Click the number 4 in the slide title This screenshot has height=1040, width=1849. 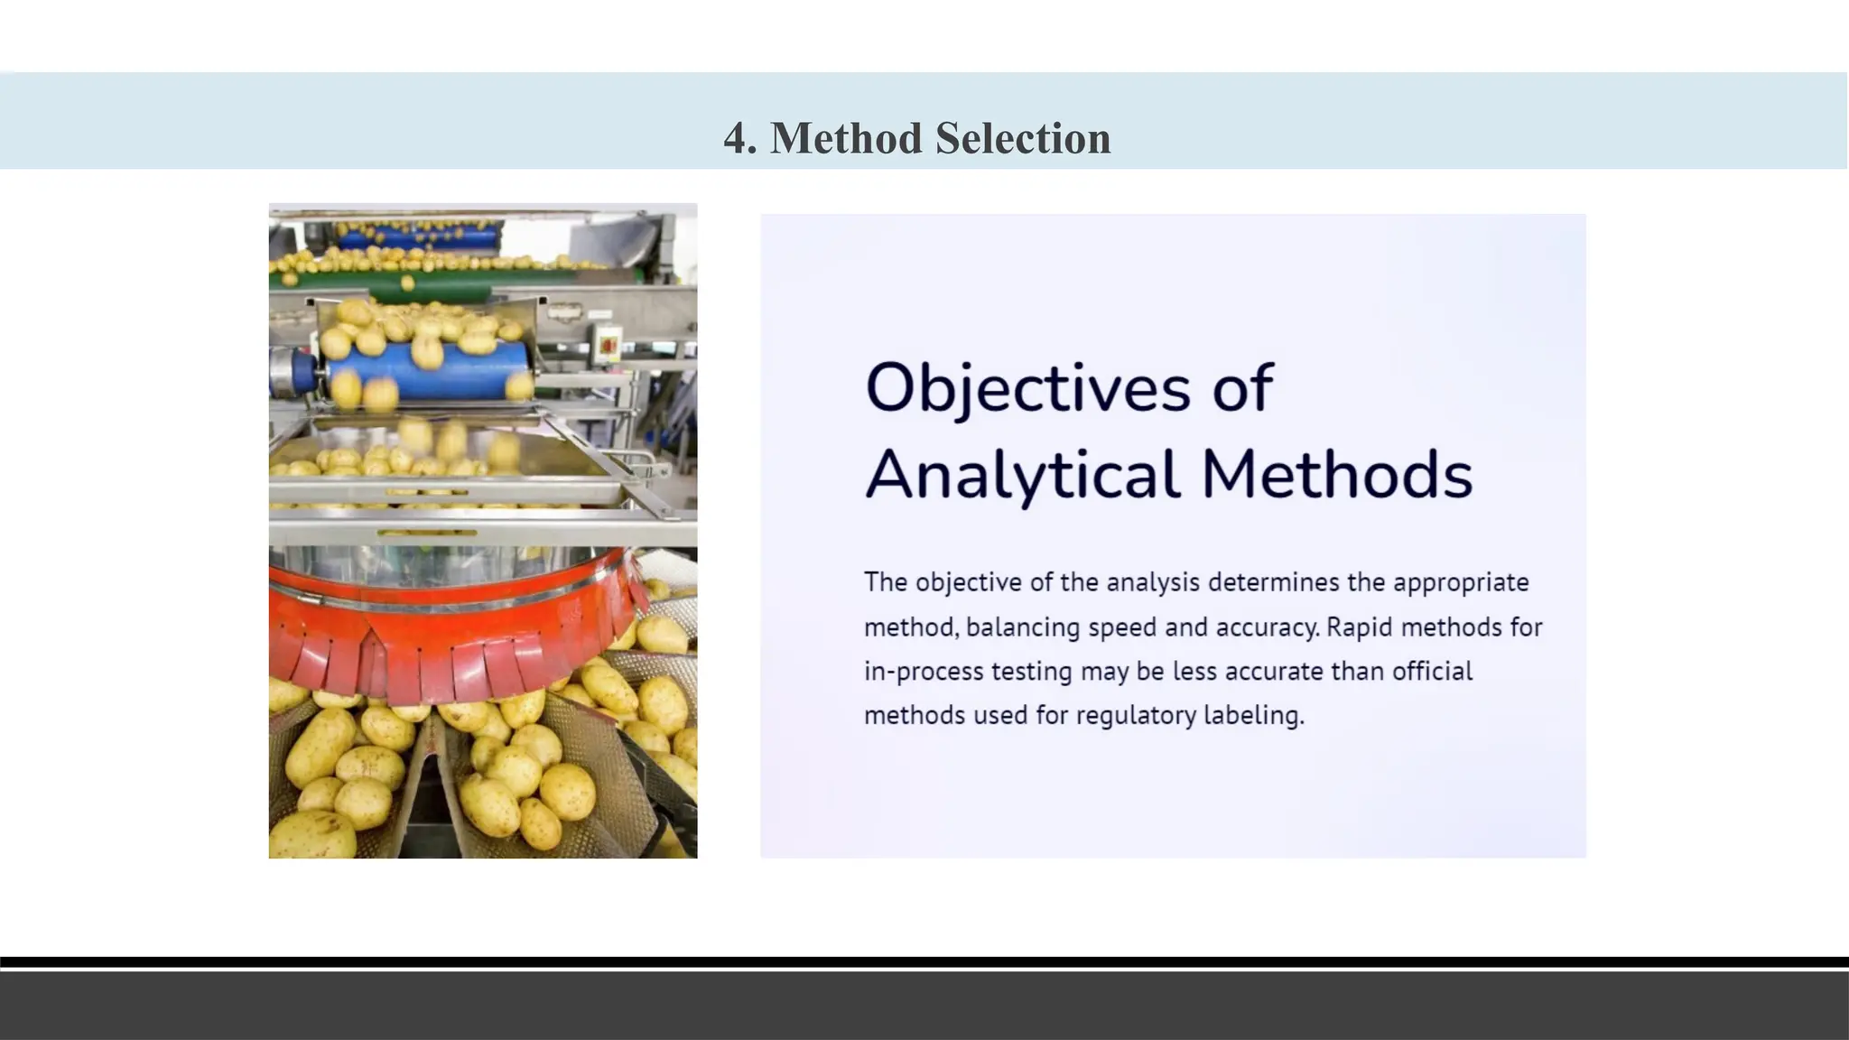739,139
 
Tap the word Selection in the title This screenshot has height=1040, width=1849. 1023,139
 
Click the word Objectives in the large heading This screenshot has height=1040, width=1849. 1027,388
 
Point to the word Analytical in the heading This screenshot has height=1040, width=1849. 1022,475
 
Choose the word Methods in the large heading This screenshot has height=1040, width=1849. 1336,475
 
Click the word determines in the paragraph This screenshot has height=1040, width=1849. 1273,582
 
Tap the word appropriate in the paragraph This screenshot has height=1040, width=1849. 1460,582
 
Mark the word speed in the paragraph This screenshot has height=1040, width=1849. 1122,627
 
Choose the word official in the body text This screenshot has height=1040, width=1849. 1432,672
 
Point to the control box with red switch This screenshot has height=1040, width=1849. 608,344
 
